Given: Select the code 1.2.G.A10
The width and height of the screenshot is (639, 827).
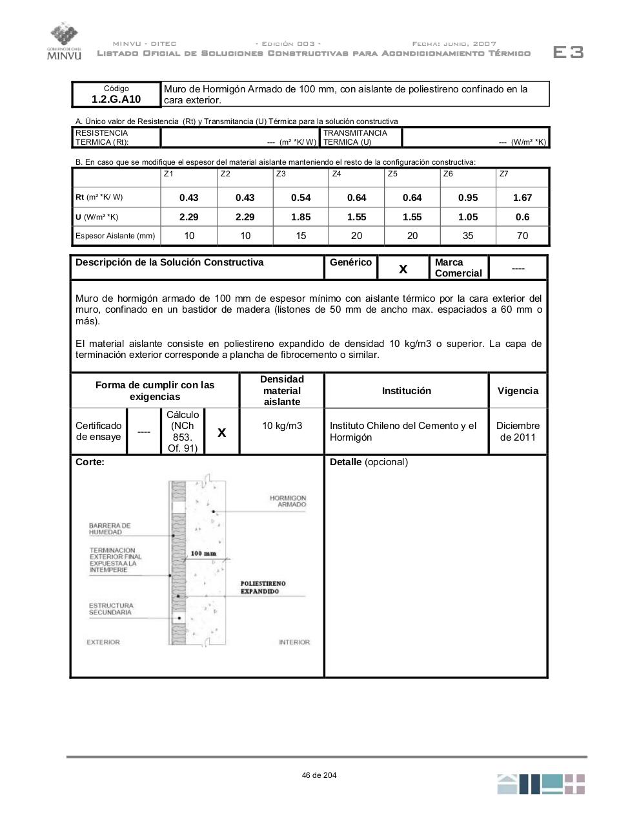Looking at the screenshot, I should click(116, 99).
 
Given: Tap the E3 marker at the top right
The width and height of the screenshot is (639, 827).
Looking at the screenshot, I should click(568, 52).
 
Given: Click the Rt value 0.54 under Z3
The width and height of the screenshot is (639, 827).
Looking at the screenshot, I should click(301, 198).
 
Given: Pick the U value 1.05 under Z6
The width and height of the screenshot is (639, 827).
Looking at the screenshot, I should click(468, 217).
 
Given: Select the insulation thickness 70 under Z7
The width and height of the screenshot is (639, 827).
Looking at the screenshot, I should click(522, 236).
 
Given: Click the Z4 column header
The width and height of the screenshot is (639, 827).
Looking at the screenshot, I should click(336, 174).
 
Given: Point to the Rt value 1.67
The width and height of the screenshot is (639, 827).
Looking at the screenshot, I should click(522, 198).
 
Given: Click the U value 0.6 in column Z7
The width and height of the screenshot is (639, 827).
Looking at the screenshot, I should click(522, 217).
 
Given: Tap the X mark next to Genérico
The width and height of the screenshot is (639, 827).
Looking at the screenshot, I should click(403, 269).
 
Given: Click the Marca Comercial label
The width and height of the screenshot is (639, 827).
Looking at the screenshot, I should click(458, 267).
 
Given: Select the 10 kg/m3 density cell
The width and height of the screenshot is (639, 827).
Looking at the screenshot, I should click(282, 426).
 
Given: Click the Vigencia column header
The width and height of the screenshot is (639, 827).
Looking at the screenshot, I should click(518, 391).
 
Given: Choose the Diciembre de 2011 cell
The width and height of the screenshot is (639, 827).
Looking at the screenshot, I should click(518, 432).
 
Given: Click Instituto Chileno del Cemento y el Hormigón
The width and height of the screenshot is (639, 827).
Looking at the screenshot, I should click(403, 432).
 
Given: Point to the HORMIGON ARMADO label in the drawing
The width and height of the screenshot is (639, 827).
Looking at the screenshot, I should click(288, 501).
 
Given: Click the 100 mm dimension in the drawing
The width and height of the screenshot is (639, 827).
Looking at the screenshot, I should click(203, 554).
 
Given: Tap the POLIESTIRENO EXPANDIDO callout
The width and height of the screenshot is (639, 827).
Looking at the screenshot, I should click(263, 587).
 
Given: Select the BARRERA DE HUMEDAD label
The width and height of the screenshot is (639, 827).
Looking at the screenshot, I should click(110, 529).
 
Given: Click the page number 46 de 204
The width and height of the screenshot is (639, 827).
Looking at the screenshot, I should click(319, 775).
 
